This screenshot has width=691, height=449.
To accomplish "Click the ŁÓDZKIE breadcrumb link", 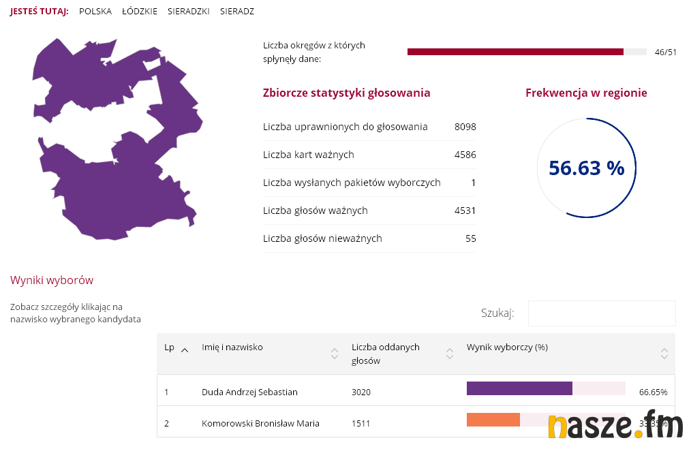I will [140, 12].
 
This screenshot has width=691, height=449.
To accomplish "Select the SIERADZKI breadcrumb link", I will [189, 12].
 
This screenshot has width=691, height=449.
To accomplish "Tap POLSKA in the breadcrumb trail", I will [95, 12].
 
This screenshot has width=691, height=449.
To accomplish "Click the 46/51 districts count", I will [665, 52].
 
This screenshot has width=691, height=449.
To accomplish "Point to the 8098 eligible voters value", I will [465, 127].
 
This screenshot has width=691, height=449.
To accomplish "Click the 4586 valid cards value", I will [465, 155].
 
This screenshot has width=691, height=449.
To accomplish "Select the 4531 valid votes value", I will [465, 211].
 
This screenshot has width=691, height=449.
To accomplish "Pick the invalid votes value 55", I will [470, 238].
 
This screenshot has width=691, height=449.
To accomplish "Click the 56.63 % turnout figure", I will [586, 168].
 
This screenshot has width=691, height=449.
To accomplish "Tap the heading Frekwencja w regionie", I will [586, 93].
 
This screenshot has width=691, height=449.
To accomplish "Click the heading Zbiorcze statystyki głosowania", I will [346, 93].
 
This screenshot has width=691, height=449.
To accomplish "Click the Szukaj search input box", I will [601, 313].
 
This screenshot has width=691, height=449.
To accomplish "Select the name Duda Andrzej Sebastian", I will [249, 392].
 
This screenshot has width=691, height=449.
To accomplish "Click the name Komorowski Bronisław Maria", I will [260, 423].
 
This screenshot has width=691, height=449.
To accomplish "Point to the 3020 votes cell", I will [361, 392].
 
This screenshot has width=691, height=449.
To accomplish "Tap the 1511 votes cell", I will [361, 423].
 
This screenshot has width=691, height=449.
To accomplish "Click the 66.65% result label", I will [653, 392].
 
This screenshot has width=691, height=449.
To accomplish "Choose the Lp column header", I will [170, 347].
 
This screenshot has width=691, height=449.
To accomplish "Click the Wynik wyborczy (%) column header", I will [507, 347].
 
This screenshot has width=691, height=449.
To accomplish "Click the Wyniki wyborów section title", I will [52, 280].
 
